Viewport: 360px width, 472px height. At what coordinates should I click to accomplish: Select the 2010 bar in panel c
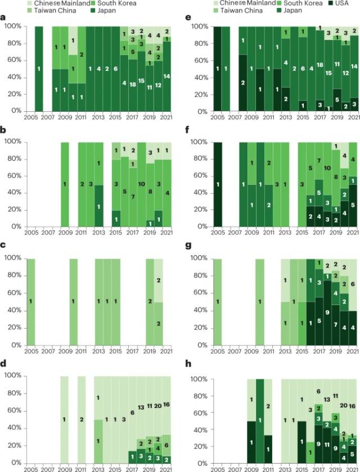click(x=73, y=301)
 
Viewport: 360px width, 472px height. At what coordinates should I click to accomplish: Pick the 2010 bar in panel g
click(x=260, y=301)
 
